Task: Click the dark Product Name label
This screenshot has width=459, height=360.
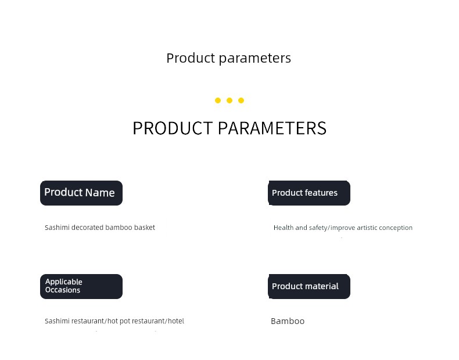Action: (x=81, y=193)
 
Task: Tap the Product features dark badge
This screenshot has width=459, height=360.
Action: (x=309, y=193)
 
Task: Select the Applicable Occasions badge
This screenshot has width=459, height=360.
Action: (x=81, y=287)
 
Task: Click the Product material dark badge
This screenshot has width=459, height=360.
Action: (x=309, y=287)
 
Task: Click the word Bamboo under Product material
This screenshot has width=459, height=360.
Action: (x=288, y=321)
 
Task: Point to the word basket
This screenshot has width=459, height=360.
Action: (x=144, y=228)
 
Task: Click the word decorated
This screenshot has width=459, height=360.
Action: (x=87, y=228)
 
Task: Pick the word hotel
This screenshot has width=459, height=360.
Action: (x=176, y=321)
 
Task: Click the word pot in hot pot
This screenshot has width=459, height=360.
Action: (x=125, y=322)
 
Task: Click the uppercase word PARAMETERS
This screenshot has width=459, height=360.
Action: (x=272, y=128)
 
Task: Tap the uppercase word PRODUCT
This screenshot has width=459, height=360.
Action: (x=173, y=128)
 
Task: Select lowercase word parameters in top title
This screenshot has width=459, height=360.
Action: (x=255, y=59)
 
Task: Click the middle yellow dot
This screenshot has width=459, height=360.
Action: (x=229, y=100)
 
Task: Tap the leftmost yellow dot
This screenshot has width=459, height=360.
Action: (x=218, y=100)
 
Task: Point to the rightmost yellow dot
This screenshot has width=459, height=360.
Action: (x=241, y=100)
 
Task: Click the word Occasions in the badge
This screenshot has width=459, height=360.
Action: (x=63, y=290)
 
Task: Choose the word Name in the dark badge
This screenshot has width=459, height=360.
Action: (x=100, y=193)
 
